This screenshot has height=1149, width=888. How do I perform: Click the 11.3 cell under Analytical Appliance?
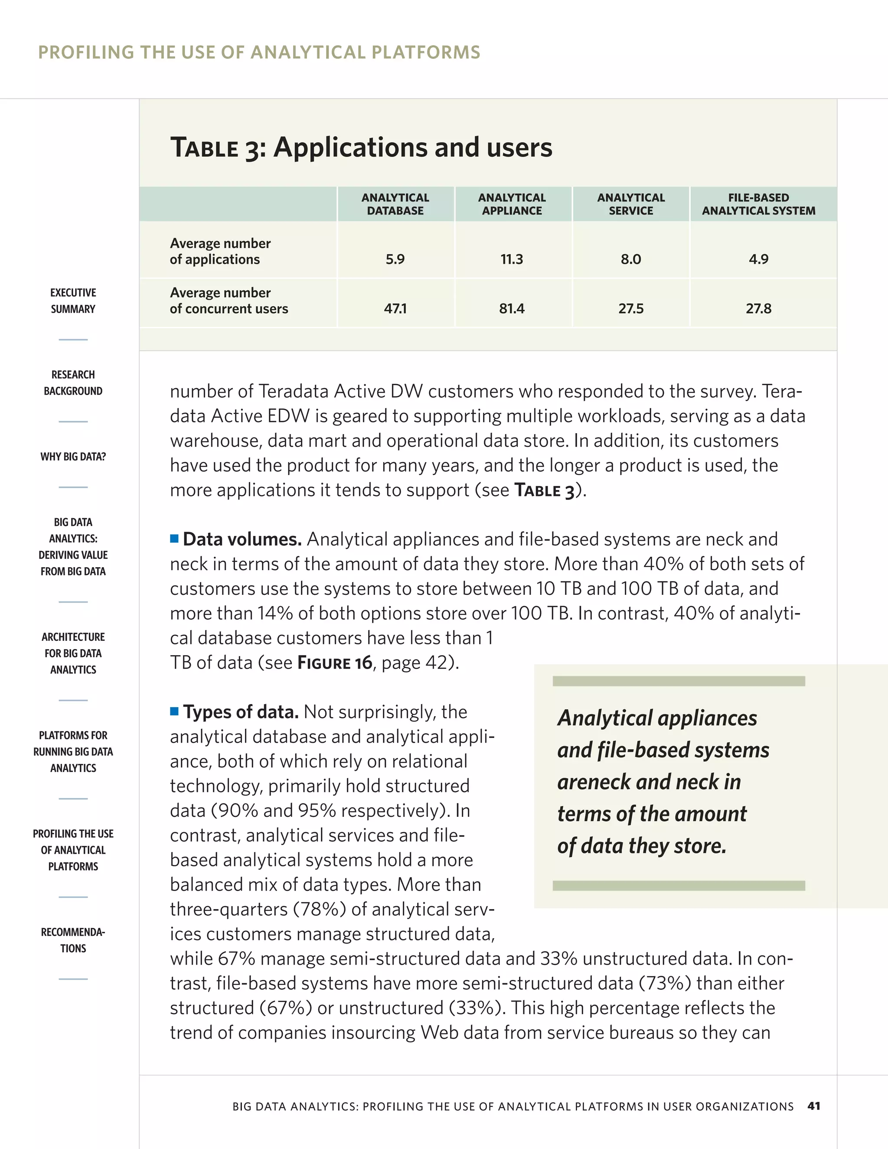(512, 259)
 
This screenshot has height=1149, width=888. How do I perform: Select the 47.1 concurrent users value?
(395, 308)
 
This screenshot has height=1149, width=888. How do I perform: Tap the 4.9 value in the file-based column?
(759, 259)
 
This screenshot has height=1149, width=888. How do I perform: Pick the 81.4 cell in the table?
(512, 308)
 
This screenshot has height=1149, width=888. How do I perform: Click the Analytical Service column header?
(631, 204)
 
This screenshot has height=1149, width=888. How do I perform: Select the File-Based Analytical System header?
(759, 204)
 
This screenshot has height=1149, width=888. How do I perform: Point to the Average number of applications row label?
(220, 251)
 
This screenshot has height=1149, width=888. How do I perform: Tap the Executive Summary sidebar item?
(73, 300)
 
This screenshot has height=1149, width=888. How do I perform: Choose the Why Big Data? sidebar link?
(73, 457)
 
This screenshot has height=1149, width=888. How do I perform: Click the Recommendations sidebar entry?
(73, 940)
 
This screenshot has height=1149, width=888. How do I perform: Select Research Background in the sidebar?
(73, 382)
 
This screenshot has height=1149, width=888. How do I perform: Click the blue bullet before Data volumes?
(175, 538)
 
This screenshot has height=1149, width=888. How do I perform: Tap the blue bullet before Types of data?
(175, 711)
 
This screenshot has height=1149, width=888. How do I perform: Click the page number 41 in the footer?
(813, 1106)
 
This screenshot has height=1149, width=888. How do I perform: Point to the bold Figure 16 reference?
(335, 663)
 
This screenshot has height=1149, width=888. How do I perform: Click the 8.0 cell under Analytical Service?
(631, 259)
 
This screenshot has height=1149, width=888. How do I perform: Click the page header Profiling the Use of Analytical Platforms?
(259, 52)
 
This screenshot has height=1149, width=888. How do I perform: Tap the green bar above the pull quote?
(679, 681)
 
